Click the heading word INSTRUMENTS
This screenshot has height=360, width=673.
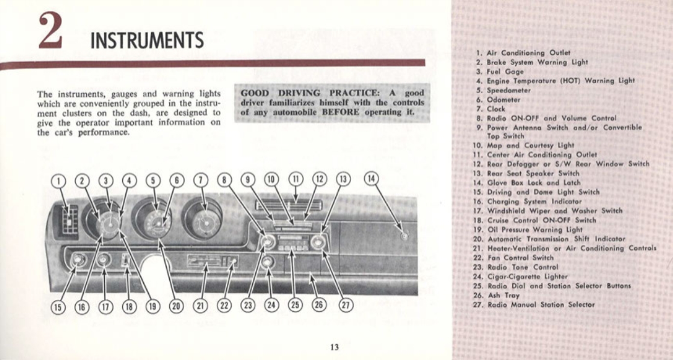pos(147,40)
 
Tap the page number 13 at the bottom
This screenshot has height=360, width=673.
pos(335,346)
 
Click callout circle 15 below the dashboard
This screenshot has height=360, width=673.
pos(57,306)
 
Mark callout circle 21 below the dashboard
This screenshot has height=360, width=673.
pos(199,305)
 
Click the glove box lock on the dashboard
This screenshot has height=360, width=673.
pos(405,235)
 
